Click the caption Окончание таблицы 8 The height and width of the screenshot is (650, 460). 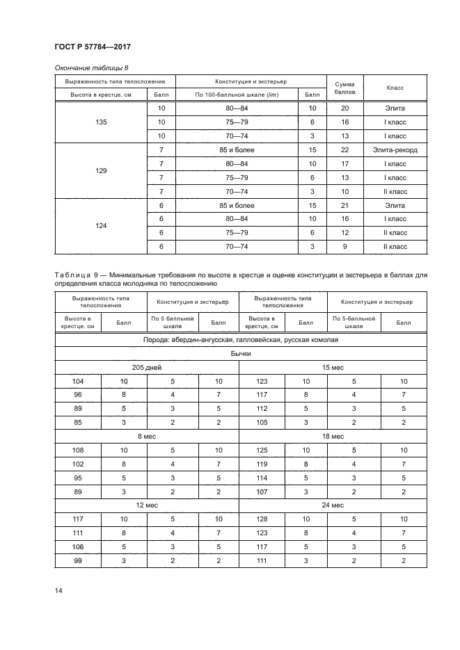click(x=90, y=67)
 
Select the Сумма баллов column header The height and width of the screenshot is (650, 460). click(x=345, y=88)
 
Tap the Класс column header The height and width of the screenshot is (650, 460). click(x=395, y=88)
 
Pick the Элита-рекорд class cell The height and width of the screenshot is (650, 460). click(x=395, y=150)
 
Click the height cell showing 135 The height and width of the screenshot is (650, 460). click(x=101, y=122)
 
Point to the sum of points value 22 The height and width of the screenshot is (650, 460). click(x=345, y=150)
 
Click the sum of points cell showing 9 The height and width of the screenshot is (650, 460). click(x=345, y=246)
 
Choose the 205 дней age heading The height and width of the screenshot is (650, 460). click(x=146, y=367)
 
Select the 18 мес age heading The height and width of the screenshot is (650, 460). click(x=332, y=436)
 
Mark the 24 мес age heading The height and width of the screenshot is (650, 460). click(x=332, y=505)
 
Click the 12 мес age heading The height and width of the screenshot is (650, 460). click(x=146, y=505)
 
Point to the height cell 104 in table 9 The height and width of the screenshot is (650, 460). click(x=77, y=381)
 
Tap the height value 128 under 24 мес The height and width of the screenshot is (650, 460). click(x=262, y=519)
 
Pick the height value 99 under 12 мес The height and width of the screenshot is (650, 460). click(x=77, y=560)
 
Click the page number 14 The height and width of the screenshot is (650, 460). click(x=58, y=591)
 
